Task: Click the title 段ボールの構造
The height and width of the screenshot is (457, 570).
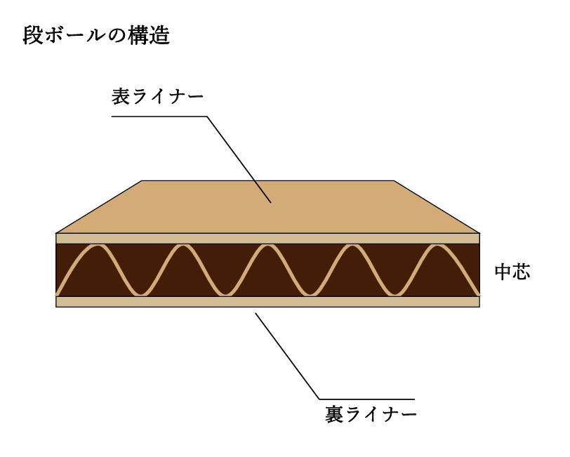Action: click(x=96, y=36)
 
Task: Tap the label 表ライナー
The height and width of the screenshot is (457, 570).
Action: click(x=157, y=97)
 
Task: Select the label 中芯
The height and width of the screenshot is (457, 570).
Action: click(x=512, y=272)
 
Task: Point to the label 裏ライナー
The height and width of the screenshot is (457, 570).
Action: click(x=371, y=414)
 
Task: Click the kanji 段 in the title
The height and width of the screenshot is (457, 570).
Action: click(x=33, y=36)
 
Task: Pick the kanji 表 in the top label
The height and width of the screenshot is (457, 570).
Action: click(x=121, y=97)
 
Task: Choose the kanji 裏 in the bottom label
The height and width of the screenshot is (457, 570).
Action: click(x=333, y=414)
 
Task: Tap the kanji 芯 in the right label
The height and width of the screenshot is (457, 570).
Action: click(x=522, y=272)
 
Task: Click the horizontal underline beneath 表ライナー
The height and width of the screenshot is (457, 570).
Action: click(x=159, y=117)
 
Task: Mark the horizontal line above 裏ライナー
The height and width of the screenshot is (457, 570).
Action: click(x=367, y=399)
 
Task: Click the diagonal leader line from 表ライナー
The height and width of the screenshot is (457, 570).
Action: click(x=239, y=159)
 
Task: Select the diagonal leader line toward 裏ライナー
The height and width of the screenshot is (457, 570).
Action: click(x=287, y=356)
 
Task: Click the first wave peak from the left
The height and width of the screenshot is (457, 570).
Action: click(x=98, y=246)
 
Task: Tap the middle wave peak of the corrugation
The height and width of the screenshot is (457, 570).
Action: click(x=267, y=246)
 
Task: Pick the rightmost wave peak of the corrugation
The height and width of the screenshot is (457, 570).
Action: click(x=437, y=246)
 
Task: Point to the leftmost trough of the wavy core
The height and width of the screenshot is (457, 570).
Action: click(x=140, y=293)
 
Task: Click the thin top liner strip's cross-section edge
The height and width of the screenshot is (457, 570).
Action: click(x=268, y=239)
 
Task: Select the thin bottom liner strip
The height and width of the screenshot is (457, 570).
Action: click(x=268, y=302)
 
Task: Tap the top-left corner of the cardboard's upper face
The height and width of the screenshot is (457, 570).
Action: click(x=141, y=180)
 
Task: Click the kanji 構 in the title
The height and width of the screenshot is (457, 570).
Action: click(x=138, y=36)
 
